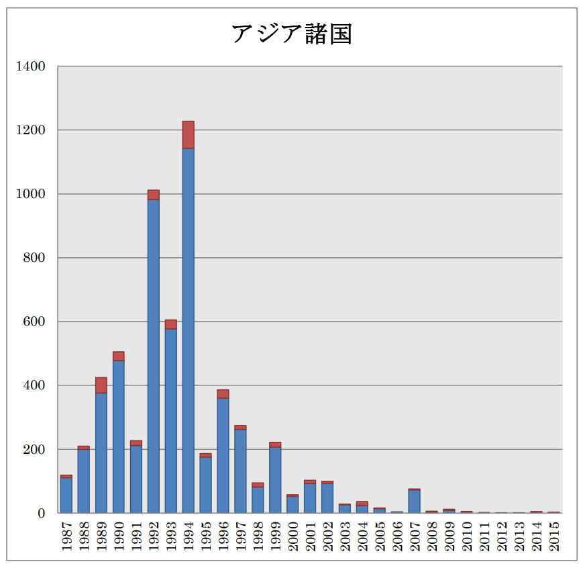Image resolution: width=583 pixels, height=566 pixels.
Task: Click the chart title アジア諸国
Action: click(291, 34)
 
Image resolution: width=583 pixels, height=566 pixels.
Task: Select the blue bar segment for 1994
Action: click(188, 329)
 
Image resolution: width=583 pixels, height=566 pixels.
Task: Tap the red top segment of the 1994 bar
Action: click(188, 135)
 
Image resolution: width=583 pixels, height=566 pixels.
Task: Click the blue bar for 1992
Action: click(154, 356)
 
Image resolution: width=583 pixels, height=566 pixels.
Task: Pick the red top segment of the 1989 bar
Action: click(101, 385)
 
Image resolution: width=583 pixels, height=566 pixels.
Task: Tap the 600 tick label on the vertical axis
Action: click(35, 322)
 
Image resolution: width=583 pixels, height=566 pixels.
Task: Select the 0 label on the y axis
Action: click(41, 514)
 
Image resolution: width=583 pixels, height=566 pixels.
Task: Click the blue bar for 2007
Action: click(415, 502)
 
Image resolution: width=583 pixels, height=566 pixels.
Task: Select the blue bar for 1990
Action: click(119, 436)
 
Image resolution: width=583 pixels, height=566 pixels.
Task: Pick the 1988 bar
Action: click(84, 481)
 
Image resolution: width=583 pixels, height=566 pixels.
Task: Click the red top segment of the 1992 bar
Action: click(154, 195)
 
